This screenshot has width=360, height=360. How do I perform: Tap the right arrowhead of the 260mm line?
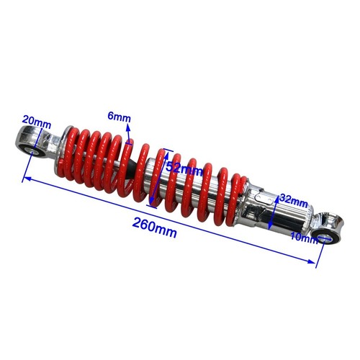click(315, 266)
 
